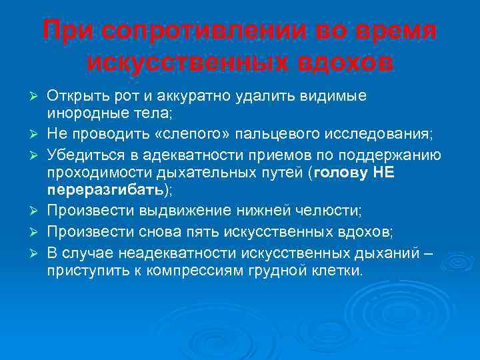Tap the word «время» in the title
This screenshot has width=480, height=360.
389,31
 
